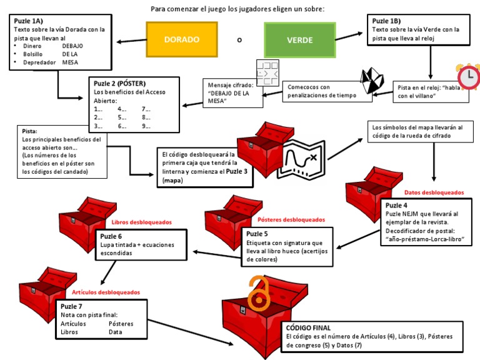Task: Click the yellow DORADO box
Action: pyautogui.click(x=181, y=39)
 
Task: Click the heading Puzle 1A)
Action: pyautogui.click(x=28, y=21)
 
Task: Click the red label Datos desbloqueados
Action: pyautogui.click(x=434, y=192)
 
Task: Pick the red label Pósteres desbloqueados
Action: pyautogui.click(x=291, y=220)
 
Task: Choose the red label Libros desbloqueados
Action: pyautogui.click(x=141, y=221)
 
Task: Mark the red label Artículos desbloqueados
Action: pyautogui.click(x=106, y=292)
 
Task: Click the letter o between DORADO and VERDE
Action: pyautogui.click(x=239, y=40)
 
